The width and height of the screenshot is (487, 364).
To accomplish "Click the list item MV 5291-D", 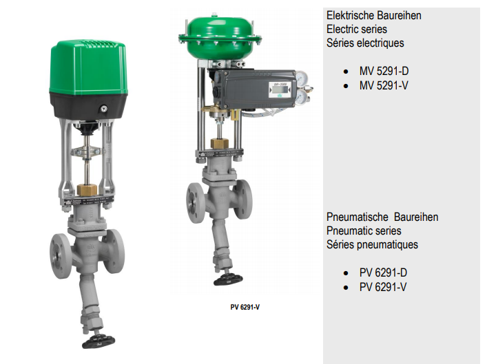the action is point(384,71).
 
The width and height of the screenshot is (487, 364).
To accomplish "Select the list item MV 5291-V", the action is point(384,85).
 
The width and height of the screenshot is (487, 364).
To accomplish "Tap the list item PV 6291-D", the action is point(383,272).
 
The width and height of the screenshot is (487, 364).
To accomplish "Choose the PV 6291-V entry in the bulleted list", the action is point(383,287).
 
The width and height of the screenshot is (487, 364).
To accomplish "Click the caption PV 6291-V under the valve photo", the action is point(245,307).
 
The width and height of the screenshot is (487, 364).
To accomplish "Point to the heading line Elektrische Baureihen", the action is point(374,15).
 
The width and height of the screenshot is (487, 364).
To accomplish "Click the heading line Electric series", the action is point(357,29).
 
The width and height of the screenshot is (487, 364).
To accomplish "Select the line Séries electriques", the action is point(365,43).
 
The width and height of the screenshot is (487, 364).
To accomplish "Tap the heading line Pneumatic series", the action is point(364,231).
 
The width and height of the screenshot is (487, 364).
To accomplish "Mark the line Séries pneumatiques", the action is point(372,244).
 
